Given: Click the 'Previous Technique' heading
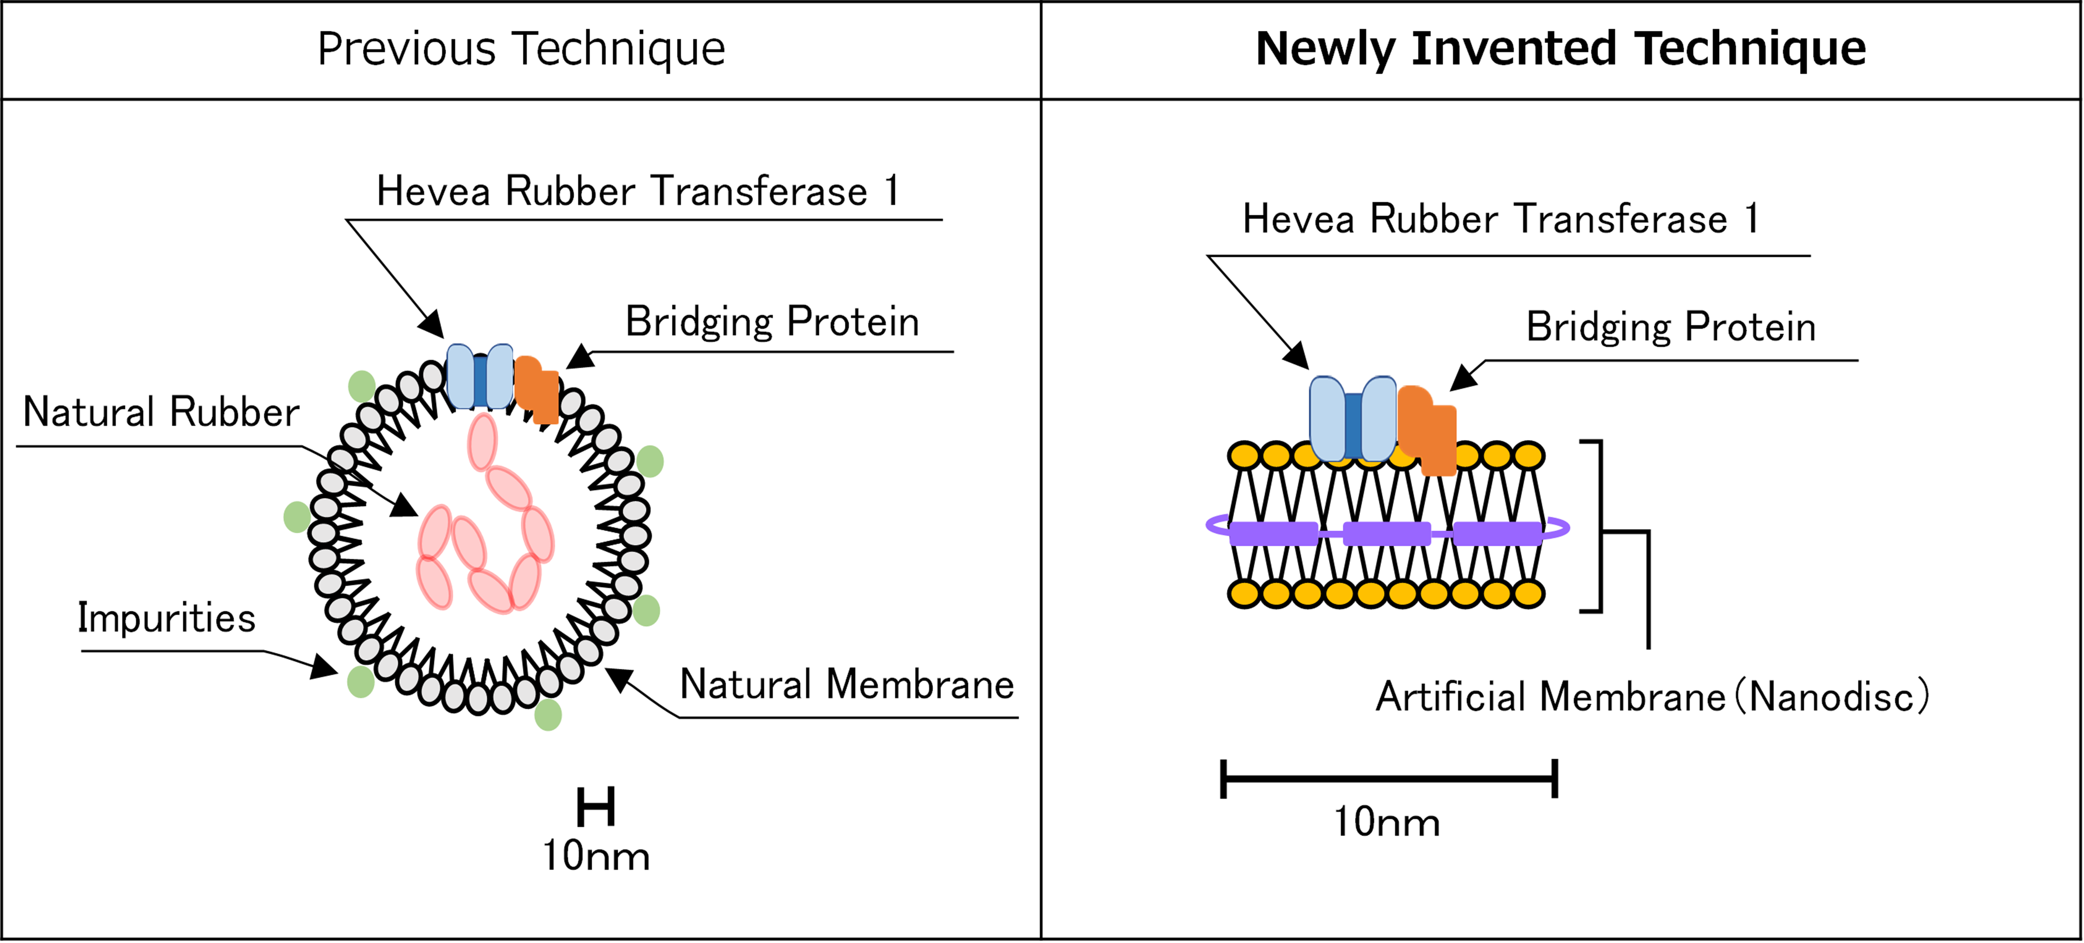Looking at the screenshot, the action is point(521,49).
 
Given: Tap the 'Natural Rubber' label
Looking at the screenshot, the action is point(161,412).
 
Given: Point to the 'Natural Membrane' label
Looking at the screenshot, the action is point(847,685).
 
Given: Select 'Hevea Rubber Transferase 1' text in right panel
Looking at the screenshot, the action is point(1501,219).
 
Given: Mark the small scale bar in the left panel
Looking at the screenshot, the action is point(596,807).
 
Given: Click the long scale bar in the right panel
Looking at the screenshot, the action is point(1388,779).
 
